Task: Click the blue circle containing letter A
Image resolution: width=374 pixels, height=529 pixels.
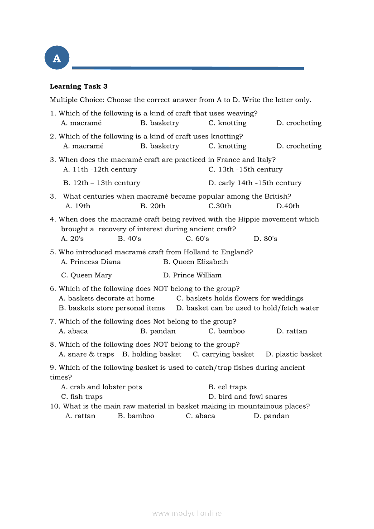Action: click(57, 58)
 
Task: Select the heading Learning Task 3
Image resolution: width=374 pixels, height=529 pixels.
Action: click(78, 86)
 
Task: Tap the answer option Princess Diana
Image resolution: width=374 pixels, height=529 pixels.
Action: click(91, 262)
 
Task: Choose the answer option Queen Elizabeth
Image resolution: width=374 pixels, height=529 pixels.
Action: click(196, 262)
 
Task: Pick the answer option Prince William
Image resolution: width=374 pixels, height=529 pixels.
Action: click(192, 275)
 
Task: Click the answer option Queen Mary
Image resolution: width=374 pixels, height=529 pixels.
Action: click(86, 275)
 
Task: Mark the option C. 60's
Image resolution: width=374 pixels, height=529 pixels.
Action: click(197, 238)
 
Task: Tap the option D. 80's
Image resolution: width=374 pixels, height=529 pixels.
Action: click(265, 238)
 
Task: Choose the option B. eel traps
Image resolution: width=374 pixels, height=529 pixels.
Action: click(227, 387)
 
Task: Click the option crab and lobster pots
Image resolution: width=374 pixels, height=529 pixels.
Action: click(101, 387)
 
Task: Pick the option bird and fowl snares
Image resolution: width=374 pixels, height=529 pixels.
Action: click(248, 396)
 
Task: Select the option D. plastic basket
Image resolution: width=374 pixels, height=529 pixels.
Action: click(294, 354)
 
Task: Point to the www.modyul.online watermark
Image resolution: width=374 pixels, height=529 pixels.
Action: click(187, 513)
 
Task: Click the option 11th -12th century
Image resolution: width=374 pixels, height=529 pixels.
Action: click(100, 170)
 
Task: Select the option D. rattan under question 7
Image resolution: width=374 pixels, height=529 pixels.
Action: click(292, 331)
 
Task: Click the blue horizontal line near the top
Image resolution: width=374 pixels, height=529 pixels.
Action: click(188, 68)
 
